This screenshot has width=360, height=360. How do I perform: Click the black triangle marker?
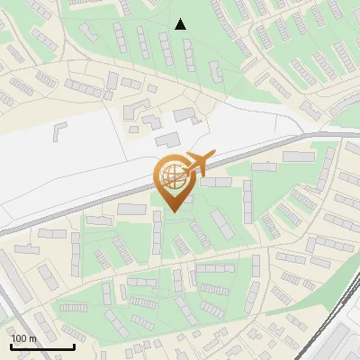pyautogui.click(x=181, y=24)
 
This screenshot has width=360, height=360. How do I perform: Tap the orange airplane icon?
pyautogui.click(x=197, y=163)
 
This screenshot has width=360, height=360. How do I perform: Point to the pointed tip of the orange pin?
pyautogui.click(x=171, y=211)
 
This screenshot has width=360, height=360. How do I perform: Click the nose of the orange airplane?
pyautogui.click(x=214, y=155)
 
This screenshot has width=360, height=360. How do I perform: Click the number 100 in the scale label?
pyautogui.click(x=18, y=339)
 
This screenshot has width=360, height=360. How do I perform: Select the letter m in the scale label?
pyautogui.click(x=32, y=339)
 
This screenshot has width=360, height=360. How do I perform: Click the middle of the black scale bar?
pyautogui.click(x=42, y=347)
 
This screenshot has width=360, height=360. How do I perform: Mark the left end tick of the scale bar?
pyautogui.click(x=11, y=346)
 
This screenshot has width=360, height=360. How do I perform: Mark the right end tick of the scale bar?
pyautogui.click(x=74, y=346)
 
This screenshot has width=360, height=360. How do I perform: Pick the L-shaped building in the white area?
pyautogui.click(x=60, y=130)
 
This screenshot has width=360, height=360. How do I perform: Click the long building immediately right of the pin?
pyautogui.click(x=215, y=182)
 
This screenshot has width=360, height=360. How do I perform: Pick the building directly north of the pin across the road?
pyautogui.click(x=167, y=140)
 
